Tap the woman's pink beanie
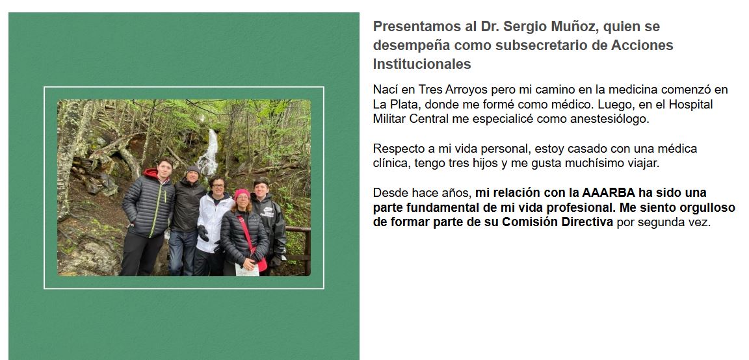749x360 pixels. click(242, 194)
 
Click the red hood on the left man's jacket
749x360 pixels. click(152, 174)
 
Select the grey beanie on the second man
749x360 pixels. click(193, 170)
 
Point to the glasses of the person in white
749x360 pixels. click(218, 186)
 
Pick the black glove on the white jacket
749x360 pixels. click(203, 233)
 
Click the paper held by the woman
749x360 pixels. click(248, 270)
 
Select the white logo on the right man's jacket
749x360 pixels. click(267, 213)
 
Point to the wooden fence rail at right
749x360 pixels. click(298, 229)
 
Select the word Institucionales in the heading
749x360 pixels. click(422, 64)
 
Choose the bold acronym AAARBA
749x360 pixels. click(608, 193)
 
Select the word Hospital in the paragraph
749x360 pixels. click(690, 105)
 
